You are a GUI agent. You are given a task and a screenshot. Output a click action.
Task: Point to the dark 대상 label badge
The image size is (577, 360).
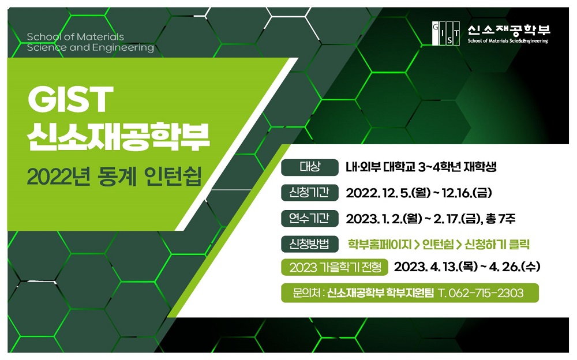[309, 167]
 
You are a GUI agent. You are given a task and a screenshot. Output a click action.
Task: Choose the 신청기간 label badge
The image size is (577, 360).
[309, 193]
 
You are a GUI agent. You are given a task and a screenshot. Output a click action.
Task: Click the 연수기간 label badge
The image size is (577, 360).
[309, 218]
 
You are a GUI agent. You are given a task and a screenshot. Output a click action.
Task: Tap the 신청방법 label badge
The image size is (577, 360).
[309, 244]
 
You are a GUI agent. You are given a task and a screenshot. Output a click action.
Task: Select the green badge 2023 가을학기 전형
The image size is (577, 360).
[335, 267]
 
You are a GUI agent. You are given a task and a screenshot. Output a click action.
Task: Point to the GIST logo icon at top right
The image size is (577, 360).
[445, 33]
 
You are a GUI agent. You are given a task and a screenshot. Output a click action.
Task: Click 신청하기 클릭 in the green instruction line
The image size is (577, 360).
[497, 245]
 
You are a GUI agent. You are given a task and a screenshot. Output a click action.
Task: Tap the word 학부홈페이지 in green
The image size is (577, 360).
[380, 245]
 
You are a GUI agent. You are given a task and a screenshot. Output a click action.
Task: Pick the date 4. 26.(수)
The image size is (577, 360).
[515, 267]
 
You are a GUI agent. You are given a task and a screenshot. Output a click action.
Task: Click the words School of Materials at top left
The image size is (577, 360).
[76, 37]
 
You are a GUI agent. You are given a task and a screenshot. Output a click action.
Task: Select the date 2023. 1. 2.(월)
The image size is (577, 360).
[384, 219]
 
